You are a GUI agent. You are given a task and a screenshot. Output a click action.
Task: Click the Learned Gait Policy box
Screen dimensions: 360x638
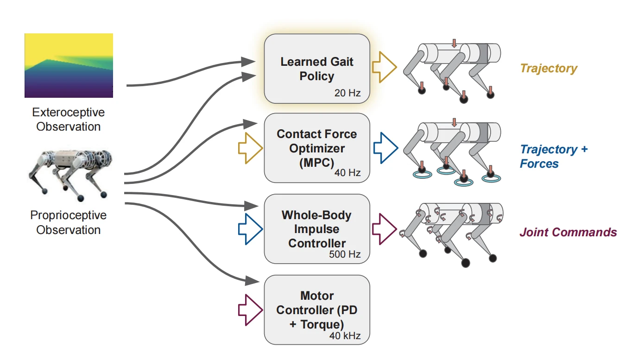click(317, 69)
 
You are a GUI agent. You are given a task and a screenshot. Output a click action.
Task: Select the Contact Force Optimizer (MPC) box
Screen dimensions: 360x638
click(317, 148)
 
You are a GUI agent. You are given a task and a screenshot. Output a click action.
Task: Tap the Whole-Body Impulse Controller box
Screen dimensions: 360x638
click(317, 229)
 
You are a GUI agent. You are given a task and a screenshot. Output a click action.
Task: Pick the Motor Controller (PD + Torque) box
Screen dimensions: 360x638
click(317, 309)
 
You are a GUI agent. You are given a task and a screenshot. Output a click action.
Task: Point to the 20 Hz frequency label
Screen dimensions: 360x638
click(347, 93)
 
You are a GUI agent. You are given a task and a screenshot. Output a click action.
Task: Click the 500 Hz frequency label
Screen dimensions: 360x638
click(345, 254)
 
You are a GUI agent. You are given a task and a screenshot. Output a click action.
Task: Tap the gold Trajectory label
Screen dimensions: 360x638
click(549, 69)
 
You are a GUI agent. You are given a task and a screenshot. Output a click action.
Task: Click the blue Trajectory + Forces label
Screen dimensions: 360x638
click(554, 156)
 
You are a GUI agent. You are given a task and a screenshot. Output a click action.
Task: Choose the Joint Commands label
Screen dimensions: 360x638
click(568, 232)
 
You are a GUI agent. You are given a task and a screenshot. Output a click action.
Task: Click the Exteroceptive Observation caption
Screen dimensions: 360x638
click(69, 120)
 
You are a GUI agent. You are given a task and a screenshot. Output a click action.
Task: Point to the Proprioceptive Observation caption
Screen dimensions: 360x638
click(69, 222)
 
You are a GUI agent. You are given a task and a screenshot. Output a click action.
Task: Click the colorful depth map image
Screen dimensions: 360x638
click(69, 65)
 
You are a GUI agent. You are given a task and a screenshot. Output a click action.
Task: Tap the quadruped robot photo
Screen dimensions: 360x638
click(69, 174)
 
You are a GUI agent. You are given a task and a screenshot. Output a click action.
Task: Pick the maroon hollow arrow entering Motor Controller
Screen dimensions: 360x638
click(250, 309)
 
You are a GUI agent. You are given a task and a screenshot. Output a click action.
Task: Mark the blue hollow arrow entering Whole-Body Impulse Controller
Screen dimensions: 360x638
click(250, 229)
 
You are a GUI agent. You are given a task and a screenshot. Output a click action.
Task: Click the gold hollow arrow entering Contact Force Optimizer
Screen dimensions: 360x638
click(250, 148)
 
